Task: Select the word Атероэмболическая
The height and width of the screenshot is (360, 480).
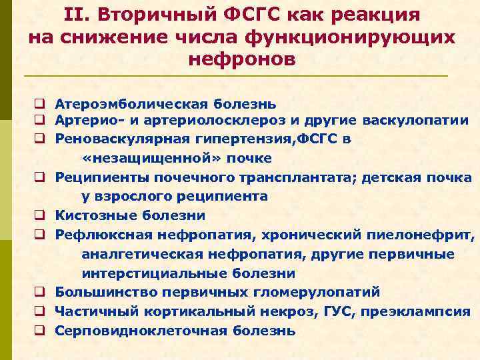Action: coord(131,104)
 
